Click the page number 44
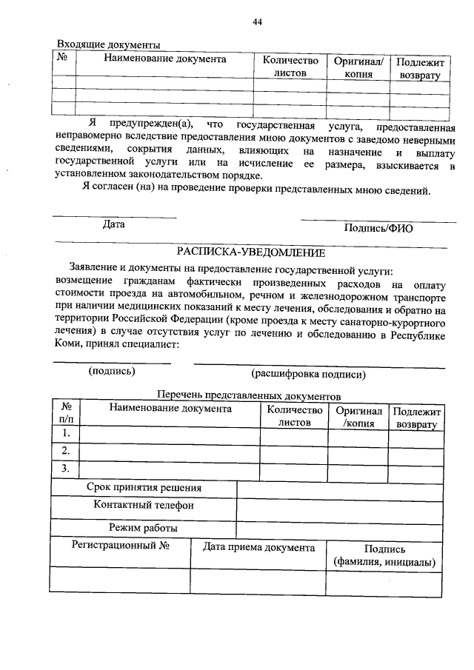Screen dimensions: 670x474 [x=257, y=21]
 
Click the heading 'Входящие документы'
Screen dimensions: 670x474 [x=109, y=45]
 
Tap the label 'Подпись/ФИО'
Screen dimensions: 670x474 [x=378, y=229]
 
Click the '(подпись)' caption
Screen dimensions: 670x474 [x=112, y=371]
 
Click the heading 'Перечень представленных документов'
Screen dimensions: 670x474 [x=249, y=396]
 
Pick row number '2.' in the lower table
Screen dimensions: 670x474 [x=67, y=450]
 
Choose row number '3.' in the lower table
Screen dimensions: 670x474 [x=67, y=468]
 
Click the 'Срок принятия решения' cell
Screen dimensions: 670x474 [x=144, y=488]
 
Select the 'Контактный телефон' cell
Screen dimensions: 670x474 [x=144, y=506]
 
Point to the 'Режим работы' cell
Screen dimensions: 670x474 [x=144, y=528]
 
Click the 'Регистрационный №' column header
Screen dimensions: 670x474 [x=121, y=547]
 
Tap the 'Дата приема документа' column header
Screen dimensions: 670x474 [x=258, y=548]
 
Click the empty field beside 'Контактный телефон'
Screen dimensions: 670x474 [x=341, y=509]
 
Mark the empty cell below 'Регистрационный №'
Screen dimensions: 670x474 [x=121, y=579]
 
